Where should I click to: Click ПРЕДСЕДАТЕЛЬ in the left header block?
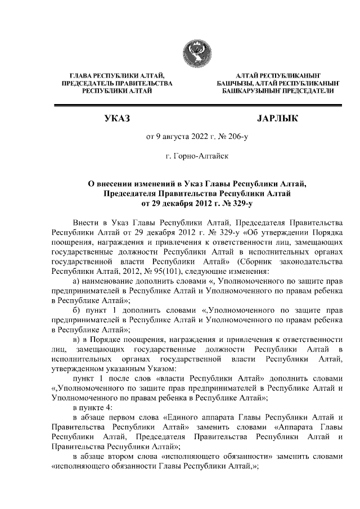click(86, 83)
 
